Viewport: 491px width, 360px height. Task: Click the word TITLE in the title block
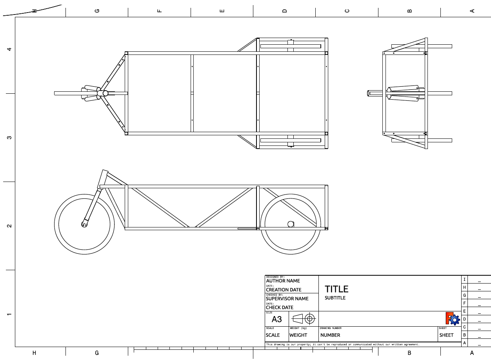[336, 289]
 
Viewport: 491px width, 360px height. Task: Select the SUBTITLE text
[335, 298]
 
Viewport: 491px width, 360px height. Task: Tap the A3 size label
[276, 319]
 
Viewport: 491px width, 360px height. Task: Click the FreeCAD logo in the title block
[453, 318]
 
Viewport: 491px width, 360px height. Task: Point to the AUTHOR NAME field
[283, 281]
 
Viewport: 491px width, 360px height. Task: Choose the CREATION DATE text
[284, 290]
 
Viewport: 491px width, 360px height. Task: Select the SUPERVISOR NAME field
[287, 298]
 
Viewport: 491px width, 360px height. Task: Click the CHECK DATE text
[280, 307]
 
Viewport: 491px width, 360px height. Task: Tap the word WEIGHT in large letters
[298, 335]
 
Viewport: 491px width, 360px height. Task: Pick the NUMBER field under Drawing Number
[330, 335]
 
